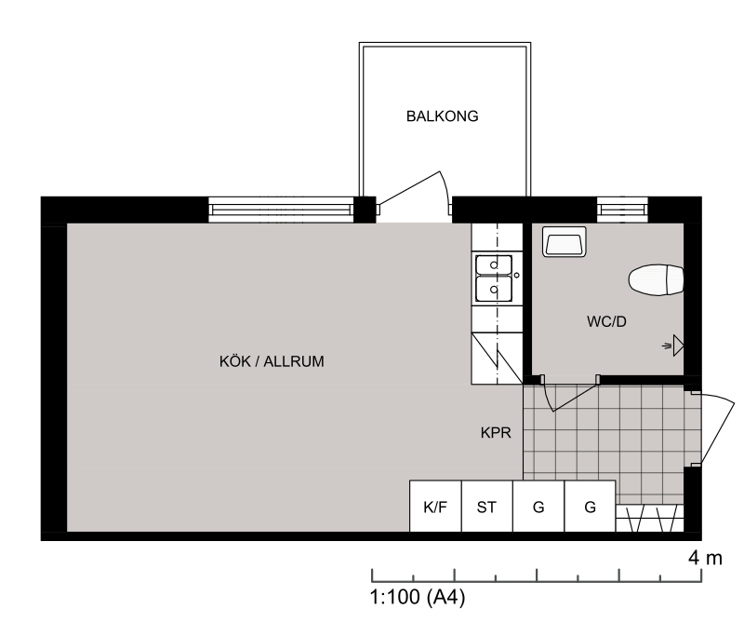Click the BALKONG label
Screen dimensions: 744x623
point(443,116)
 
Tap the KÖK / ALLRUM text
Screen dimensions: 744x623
point(272,361)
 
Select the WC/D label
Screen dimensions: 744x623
point(606,321)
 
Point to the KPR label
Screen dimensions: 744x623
point(496,433)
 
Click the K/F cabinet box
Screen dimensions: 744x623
point(435,506)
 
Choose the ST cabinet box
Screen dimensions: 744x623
point(487,506)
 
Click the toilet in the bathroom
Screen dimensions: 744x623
point(657,280)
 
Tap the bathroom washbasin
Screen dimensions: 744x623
point(565,241)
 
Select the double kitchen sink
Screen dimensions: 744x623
point(494,278)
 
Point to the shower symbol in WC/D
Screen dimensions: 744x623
point(673,345)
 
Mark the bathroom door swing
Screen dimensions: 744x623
point(569,396)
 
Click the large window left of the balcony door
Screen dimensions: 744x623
point(282,210)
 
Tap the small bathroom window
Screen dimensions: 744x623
point(622,210)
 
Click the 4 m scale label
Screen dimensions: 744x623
point(705,558)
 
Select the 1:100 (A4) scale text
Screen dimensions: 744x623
point(417,597)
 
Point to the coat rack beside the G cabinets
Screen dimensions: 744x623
point(649,518)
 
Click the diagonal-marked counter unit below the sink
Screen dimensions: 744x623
point(497,359)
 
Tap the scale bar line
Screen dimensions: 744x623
point(537,581)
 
